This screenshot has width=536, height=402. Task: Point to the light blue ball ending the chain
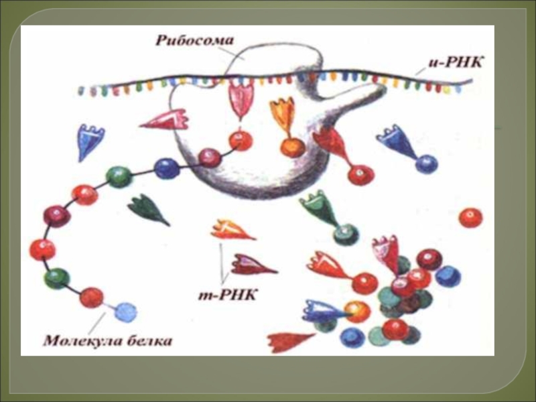[x=125, y=311]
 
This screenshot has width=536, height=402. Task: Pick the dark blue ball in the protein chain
[x=167, y=167]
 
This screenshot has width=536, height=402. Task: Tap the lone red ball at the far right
[x=470, y=217]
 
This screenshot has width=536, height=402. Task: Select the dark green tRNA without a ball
[x=148, y=208]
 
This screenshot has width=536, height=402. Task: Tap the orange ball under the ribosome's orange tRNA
[x=292, y=147]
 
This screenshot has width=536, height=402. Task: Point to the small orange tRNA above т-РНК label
[x=230, y=230]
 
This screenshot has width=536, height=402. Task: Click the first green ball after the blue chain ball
[x=119, y=176]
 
